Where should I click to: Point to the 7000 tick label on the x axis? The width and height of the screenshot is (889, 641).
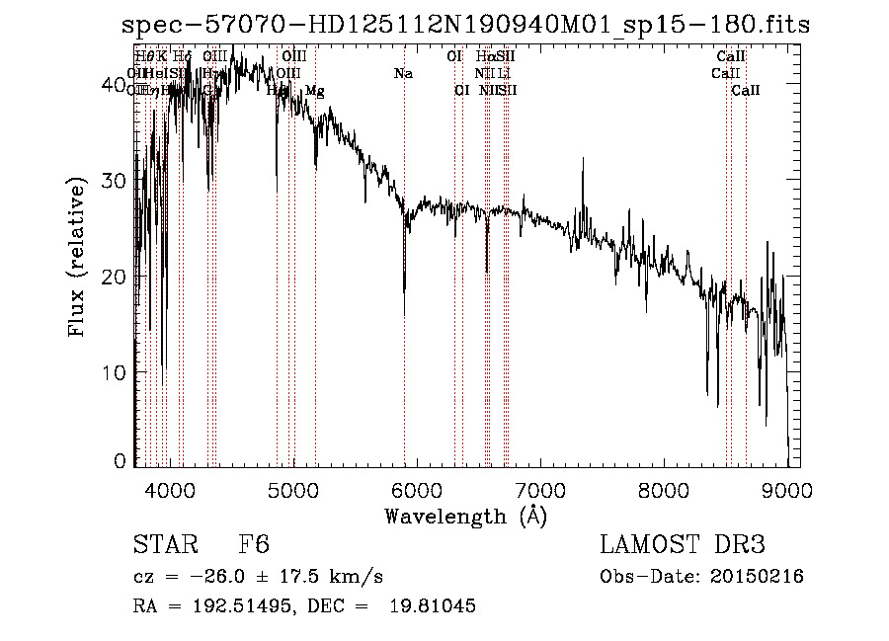(540, 489)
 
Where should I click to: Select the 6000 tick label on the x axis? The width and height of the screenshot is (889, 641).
(417, 489)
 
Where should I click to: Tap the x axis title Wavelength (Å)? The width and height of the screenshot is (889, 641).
(465, 516)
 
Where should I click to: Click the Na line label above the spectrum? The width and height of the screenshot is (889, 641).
(403, 73)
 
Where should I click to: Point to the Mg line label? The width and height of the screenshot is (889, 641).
(314, 91)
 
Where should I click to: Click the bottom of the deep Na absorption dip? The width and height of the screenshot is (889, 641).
(404, 314)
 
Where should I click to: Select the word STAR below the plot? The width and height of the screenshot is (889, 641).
(164, 545)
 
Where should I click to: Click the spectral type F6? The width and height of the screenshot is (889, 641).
(255, 545)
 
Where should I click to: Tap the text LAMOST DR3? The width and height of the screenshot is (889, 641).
(683, 545)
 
